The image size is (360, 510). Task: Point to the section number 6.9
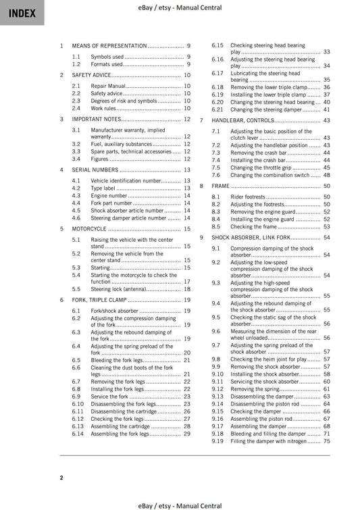(76, 397)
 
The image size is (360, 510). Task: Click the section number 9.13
(217, 397)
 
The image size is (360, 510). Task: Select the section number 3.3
(76, 152)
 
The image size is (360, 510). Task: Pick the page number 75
(327, 441)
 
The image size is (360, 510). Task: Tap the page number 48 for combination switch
(327, 175)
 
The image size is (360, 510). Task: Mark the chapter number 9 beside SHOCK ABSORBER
(201, 238)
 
